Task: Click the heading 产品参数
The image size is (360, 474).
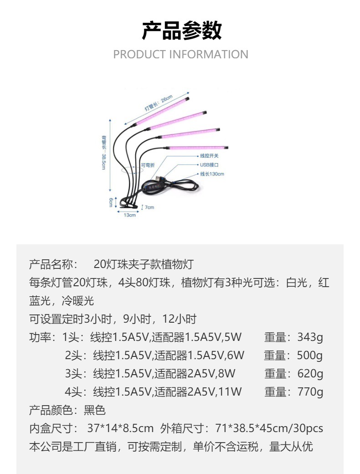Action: (x=181, y=31)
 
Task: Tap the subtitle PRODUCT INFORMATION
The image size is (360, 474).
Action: (x=180, y=55)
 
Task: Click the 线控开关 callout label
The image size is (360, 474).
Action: (x=210, y=156)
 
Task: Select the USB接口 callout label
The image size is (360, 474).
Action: (x=209, y=165)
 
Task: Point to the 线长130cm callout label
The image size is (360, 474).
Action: (x=212, y=174)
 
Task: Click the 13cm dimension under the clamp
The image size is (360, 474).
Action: (x=130, y=215)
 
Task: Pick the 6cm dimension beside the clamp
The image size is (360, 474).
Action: (x=111, y=202)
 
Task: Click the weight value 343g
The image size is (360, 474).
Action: (x=310, y=337)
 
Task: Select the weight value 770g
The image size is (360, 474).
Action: (x=310, y=392)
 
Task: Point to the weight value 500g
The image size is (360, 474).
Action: (x=310, y=355)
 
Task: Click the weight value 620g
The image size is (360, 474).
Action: (x=310, y=374)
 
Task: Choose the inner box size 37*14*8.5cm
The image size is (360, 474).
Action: (x=120, y=428)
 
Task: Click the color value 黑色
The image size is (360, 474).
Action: (x=95, y=410)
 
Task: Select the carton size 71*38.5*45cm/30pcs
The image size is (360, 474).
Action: (x=269, y=428)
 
